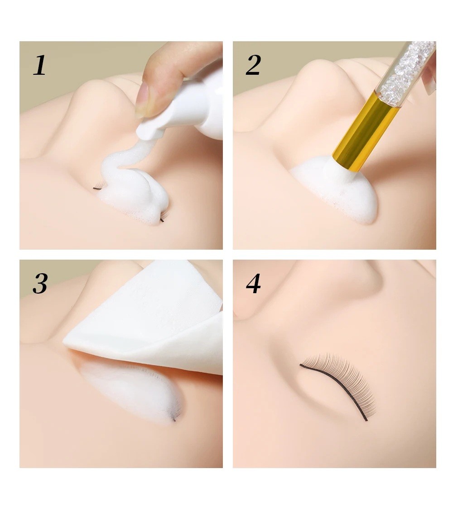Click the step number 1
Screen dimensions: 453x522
coord(39,65)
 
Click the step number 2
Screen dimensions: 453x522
coord(253,65)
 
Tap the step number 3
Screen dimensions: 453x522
coord(40,284)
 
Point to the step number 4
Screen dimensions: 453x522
coord(253,284)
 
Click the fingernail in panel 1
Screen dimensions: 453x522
coord(142,99)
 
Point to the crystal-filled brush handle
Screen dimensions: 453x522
coord(408,68)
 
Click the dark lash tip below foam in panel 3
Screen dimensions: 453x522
coord(174,420)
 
